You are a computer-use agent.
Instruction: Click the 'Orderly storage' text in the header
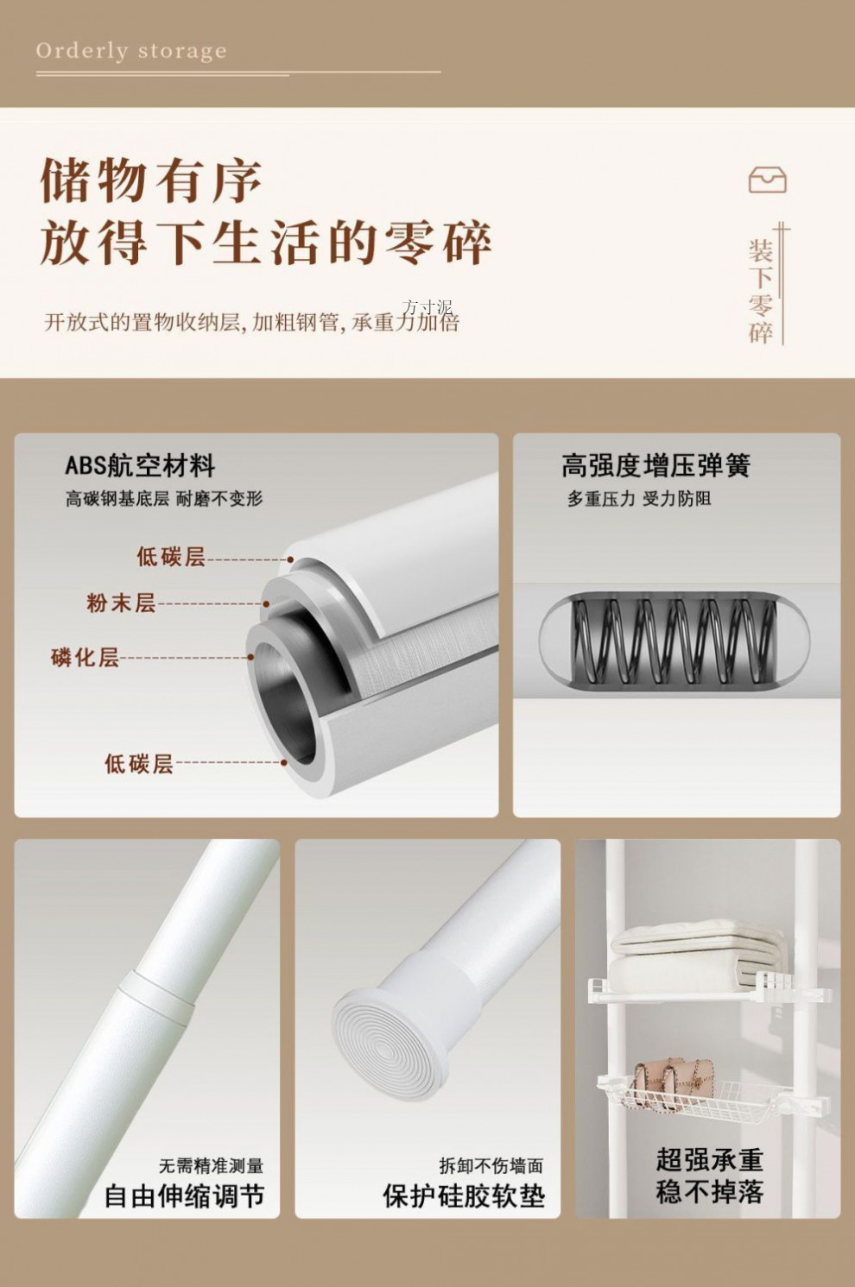pos(131,52)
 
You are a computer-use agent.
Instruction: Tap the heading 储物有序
pos(151,181)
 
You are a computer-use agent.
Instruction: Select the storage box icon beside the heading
pos(767,180)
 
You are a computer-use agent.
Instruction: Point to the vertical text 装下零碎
pos(760,292)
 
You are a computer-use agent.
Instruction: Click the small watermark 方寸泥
pos(427,307)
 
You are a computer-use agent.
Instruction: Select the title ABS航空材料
pos(140,466)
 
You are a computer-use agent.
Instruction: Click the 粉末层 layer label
pos(121,602)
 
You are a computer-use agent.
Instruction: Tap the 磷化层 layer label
pos(85,657)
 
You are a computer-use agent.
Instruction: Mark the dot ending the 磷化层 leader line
pos(251,657)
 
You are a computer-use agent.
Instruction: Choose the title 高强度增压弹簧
pos(655,466)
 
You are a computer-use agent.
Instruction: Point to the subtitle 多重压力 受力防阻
pos(639,499)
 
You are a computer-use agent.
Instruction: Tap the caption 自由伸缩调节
pos(184,1196)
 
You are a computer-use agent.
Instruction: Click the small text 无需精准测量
pos(211,1166)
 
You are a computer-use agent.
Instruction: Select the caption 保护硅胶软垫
pos(464,1196)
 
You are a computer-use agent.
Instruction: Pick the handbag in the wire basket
pos(674,1079)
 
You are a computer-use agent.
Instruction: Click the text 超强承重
pos(709,1159)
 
